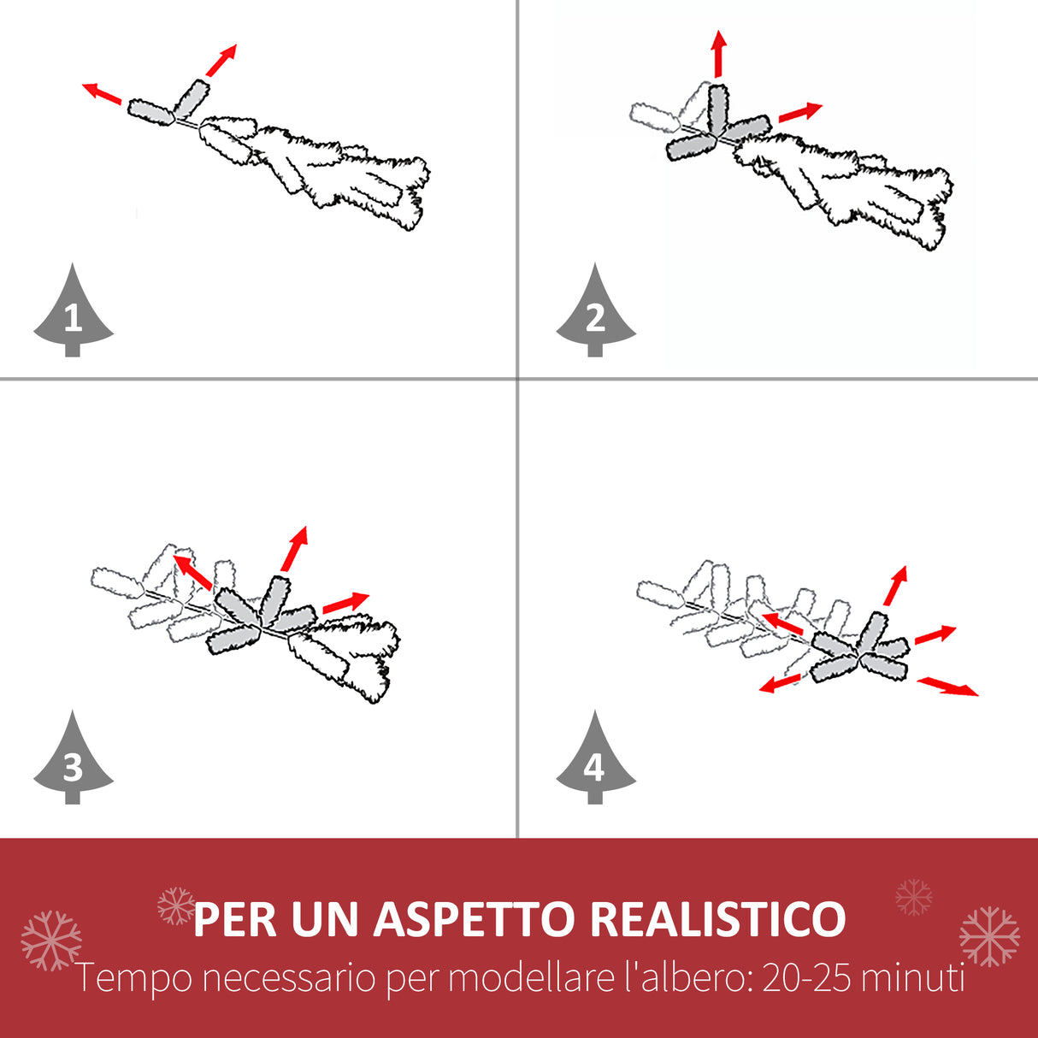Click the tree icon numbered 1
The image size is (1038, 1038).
73,313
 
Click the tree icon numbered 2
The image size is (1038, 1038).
596,313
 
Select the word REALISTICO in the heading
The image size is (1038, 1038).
718,919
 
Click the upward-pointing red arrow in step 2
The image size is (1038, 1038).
719,53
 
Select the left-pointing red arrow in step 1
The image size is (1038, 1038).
102,93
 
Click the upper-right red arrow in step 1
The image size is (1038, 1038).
221,60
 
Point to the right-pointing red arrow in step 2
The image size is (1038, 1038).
800,112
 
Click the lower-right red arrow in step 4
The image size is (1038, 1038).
947,687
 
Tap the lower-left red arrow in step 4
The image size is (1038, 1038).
781,683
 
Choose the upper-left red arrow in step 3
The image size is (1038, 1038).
192,572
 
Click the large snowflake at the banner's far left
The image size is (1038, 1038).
51,941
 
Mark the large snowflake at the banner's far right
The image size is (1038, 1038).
989,936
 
